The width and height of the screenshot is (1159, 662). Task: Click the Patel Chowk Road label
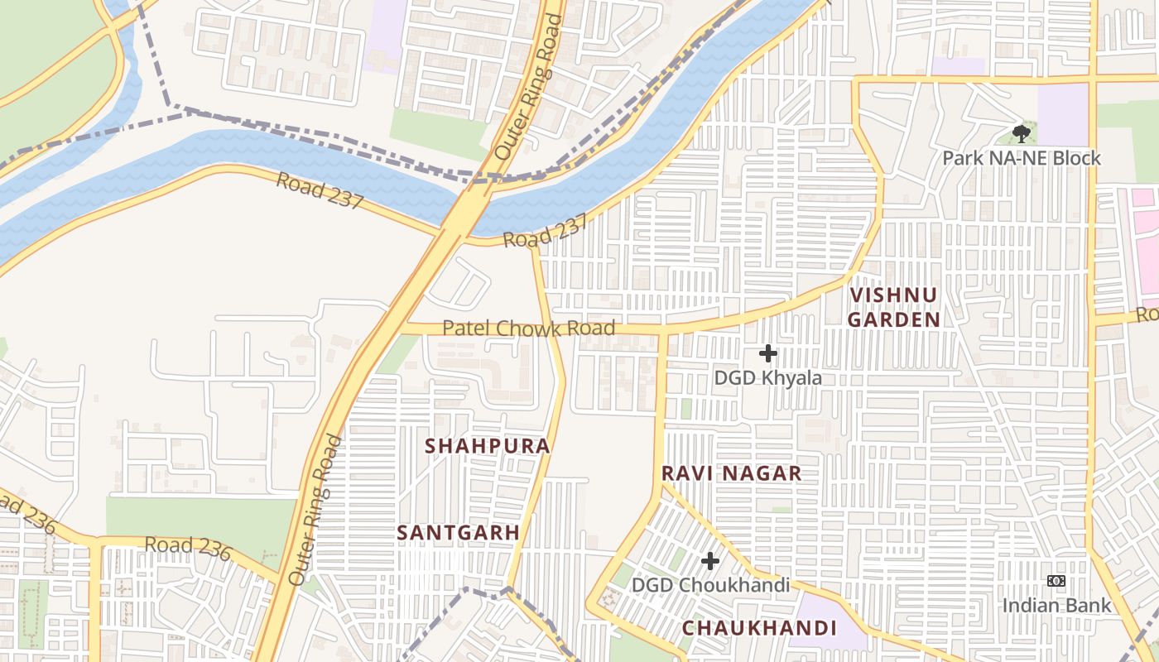point(528,329)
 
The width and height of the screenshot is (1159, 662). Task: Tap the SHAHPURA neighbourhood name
point(487,446)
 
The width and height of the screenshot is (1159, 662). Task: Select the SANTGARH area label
point(458,533)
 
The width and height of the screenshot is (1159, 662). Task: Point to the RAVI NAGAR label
point(731,473)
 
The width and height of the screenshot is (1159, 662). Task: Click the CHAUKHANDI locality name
point(759,628)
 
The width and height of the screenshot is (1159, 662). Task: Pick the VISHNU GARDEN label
point(894,307)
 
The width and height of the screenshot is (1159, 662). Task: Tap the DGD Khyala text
point(768,378)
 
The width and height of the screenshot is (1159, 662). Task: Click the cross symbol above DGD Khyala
point(768,353)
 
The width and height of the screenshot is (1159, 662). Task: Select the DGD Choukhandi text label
point(709,585)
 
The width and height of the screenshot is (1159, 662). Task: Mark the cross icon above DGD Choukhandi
point(709,561)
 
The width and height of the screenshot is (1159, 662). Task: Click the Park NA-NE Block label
point(1022,158)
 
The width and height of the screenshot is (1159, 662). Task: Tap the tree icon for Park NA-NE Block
point(1022,133)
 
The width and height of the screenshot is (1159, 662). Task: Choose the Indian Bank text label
point(1056,606)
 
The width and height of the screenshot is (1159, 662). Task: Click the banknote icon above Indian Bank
point(1056,581)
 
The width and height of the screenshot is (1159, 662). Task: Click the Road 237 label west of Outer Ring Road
point(320,191)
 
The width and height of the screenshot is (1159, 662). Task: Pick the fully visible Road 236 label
point(187,549)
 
